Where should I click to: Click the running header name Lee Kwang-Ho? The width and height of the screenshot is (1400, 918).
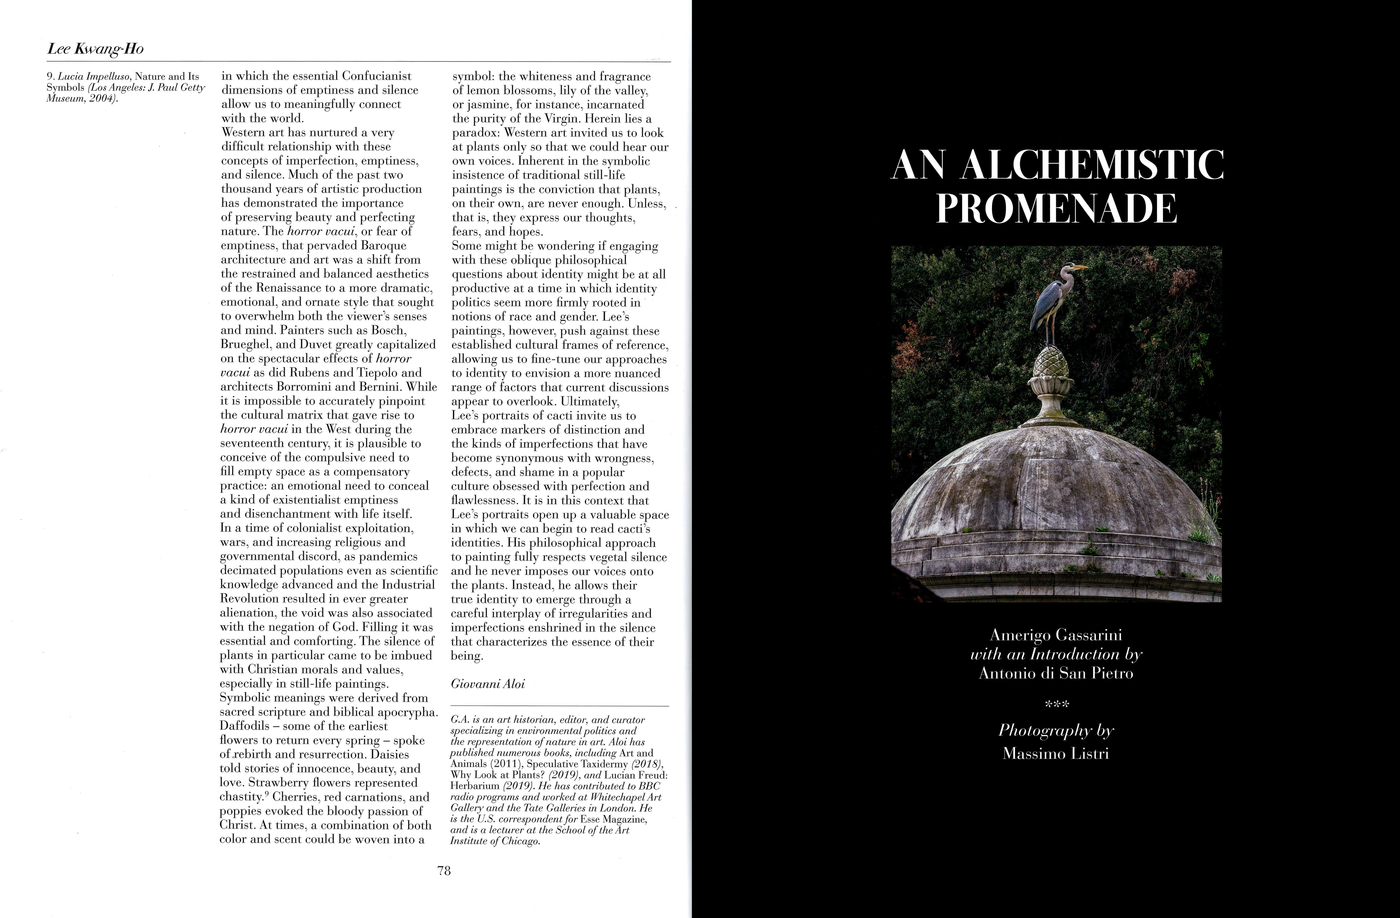point(95,49)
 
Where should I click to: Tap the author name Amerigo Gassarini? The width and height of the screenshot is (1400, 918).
point(1056,635)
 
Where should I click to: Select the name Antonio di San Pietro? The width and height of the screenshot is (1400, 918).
point(1056,673)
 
